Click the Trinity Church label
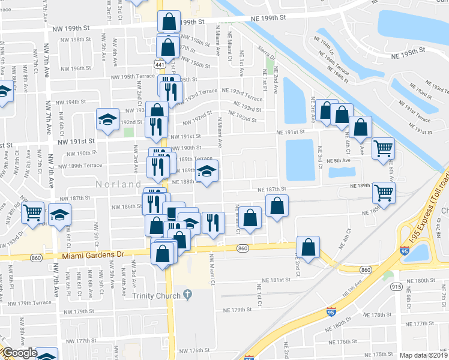coord(158,295)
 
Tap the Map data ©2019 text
coord(424,355)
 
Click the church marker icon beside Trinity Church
coord(188,295)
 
